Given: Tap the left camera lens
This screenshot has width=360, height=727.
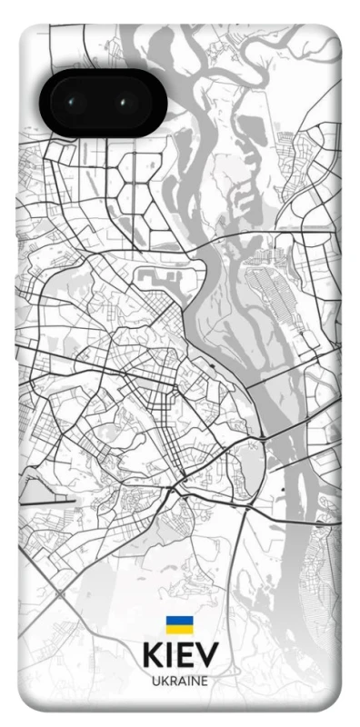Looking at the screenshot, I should [x=74, y=103].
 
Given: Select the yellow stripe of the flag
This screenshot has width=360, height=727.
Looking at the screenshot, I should [x=179, y=631].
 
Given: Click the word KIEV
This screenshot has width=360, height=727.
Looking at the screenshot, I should [x=179, y=656].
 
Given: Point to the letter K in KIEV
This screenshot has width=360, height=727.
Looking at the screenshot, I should [x=152, y=656].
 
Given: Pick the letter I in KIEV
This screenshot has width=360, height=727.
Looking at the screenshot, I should [x=170, y=656].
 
